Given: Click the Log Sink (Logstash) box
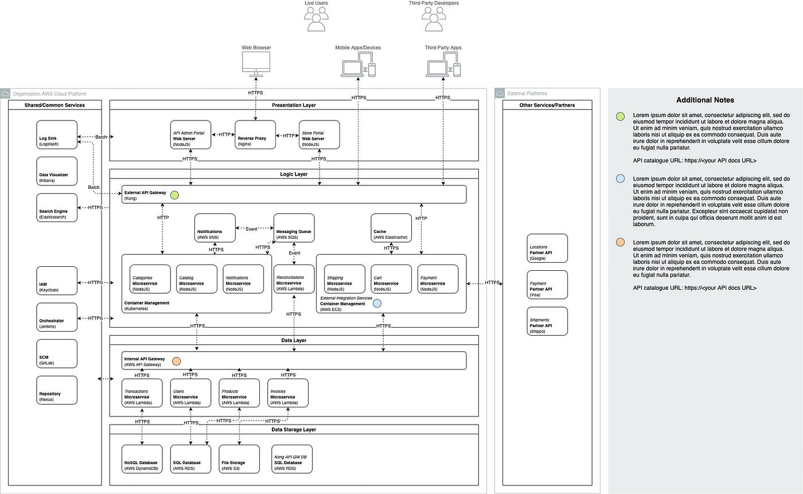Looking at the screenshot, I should (57, 135).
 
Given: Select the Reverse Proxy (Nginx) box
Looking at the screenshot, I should (255, 135).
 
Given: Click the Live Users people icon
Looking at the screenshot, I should (316, 19).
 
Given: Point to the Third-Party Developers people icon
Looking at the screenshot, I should (434, 19).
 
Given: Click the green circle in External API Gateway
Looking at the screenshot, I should (174, 195).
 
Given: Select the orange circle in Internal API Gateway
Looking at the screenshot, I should (176, 361).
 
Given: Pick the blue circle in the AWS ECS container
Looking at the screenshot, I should (377, 304).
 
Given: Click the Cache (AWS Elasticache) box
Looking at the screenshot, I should (391, 228).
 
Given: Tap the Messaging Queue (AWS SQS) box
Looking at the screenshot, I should (294, 228).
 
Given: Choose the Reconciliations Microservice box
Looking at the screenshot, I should (294, 279).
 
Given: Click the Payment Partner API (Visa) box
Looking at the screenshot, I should (547, 285).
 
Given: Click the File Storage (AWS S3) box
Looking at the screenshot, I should (239, 459).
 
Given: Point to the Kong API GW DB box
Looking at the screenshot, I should (292, 459).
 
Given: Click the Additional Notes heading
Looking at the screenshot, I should (705, 100).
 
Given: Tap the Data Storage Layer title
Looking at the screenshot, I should (294, 429).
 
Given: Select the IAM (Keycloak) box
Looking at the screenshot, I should (57, 281).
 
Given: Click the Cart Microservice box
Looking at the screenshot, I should (391, 279).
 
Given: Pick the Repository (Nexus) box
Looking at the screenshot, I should (57, 390).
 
